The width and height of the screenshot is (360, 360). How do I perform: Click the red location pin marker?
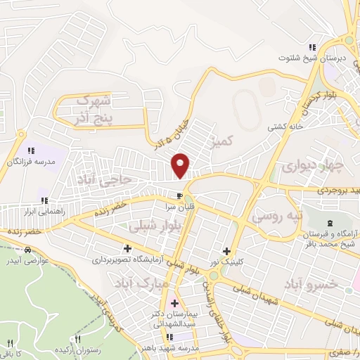tap(181, 165)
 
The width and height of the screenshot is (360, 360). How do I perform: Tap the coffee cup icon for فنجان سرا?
tap(181, 195)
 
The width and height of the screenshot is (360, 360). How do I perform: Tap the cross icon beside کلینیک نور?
tap(226, 251)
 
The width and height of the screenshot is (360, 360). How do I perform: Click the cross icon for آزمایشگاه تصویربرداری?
tap(127, 248)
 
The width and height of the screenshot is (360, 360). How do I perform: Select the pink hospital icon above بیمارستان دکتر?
tap(174, 303)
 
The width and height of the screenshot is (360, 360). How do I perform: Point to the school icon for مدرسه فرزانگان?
tap(30, 150)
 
